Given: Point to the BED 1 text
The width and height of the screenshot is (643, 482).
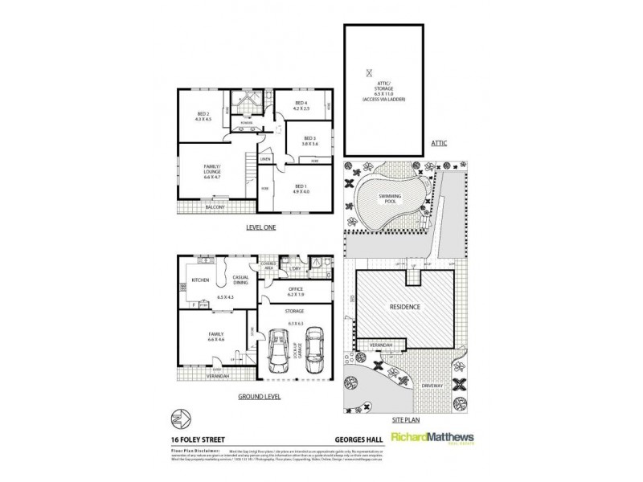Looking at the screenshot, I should coord(300,185).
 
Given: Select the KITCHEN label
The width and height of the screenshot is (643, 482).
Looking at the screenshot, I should coord(200,280).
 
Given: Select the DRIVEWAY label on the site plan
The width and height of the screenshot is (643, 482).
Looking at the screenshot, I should coord(434,386).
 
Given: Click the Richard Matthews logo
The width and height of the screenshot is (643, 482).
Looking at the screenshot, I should coord(430,438).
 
